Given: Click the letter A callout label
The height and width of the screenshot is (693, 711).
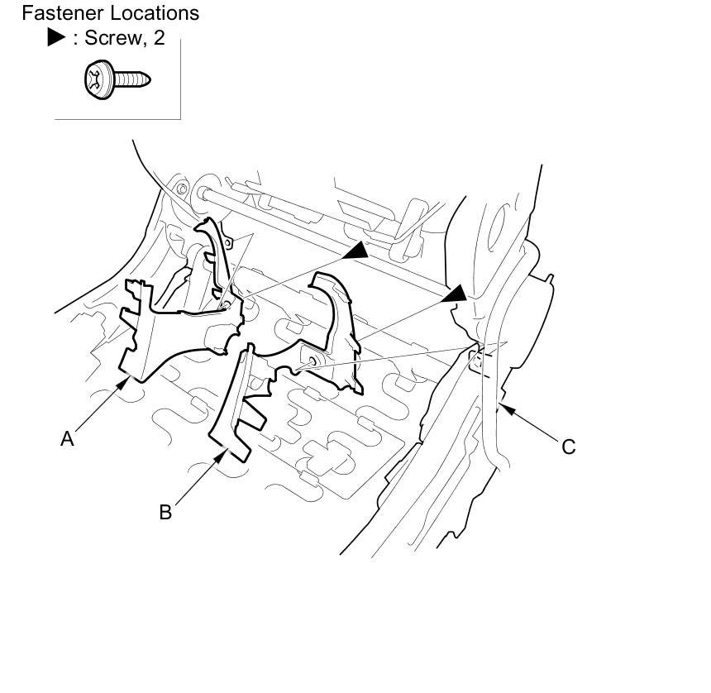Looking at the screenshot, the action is pos(68,439).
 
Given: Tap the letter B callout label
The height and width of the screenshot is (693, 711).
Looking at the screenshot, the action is pos(165,513).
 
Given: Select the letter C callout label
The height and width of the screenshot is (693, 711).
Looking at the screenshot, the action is pos(568,447).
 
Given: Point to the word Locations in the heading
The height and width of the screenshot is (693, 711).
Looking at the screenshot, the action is pos(155,13).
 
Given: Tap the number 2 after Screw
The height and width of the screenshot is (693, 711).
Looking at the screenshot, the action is pos(159,39).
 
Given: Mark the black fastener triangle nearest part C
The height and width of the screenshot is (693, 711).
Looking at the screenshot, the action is pos(456,295).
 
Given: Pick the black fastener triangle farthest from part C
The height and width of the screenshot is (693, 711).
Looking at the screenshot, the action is pos(356,250).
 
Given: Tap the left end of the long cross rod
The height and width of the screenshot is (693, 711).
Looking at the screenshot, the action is pos(202,194).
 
